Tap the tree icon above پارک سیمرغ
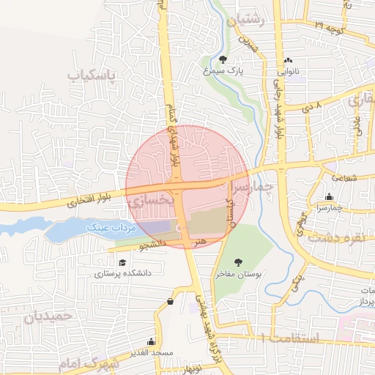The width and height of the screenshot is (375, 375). (x=223, y=59)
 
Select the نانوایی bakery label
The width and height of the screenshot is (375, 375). (x=286, y=73)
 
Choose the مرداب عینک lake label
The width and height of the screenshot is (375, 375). (x=113, y=228)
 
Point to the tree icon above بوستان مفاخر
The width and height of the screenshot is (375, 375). (x=238, y=261)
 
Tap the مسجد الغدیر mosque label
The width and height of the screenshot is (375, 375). (x=151, y=352)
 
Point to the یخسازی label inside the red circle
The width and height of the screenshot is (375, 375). (x=152, y=198)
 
